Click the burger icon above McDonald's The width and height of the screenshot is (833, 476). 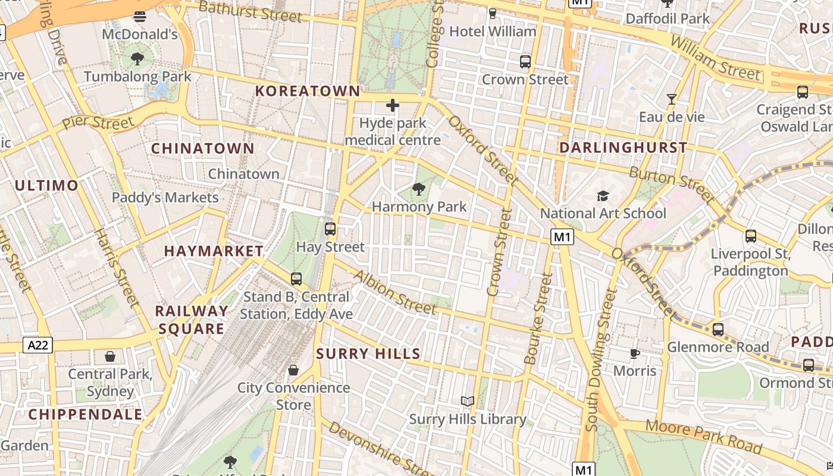(140, 17)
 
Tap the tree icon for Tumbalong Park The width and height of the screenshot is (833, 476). (137, 59)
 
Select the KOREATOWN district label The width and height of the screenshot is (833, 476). (308, 91)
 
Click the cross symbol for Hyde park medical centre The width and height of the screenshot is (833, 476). (393, 106)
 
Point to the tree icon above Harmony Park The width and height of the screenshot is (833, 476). (419, 190)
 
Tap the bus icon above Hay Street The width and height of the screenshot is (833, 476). (330, 229)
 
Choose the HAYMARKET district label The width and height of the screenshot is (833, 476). (214, 251)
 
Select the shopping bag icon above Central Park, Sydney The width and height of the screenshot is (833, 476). (110, 356)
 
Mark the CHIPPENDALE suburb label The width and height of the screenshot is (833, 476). (86, 414)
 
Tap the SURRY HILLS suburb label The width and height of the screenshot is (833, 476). (368, 354)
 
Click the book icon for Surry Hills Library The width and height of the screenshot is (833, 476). (468, 402)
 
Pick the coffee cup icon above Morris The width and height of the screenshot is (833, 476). (635, 354)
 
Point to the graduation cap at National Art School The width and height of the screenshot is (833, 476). (603, 196)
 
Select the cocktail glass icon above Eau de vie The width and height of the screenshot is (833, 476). (672, 99)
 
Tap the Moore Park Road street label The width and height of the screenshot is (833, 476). (703, 436)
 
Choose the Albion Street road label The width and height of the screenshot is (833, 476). (395, 292)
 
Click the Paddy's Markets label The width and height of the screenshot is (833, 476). (165, 198)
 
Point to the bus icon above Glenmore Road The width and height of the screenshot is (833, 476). (718, 330)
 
